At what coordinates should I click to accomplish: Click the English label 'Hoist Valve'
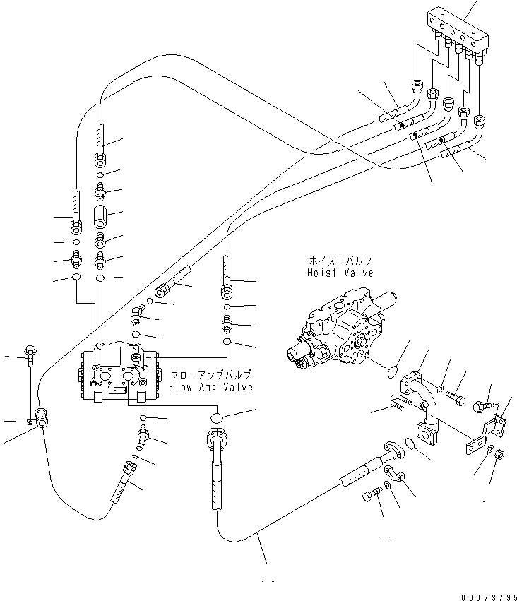340,273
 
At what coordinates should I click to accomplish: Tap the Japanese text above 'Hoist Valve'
340,260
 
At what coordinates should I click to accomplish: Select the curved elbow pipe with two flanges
422,403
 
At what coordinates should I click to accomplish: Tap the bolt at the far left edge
31,354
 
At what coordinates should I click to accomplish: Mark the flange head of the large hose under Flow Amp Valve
217,439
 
